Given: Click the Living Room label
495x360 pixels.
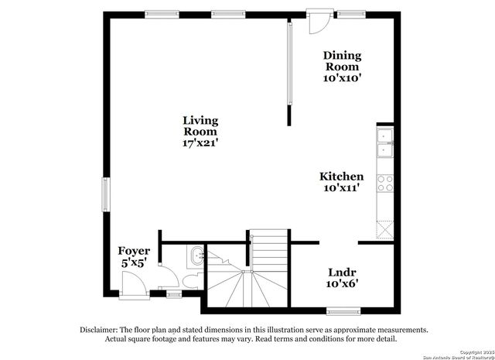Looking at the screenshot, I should point(200,132).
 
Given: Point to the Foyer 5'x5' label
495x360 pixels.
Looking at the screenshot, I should point(134,256).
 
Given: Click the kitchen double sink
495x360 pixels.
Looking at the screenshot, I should point(384,143).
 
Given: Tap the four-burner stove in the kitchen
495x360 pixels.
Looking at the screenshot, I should point(384,184).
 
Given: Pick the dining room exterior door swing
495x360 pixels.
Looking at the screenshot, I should point(315,22).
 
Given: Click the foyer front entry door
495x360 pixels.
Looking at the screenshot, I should point(135,287).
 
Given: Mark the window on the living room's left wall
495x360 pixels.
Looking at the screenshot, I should point(106,194).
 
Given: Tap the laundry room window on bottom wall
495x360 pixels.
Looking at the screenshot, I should point(343,312).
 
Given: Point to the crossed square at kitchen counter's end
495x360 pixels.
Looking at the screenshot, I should point(384,228).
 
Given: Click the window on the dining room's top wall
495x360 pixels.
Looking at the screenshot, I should point(352,12).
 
